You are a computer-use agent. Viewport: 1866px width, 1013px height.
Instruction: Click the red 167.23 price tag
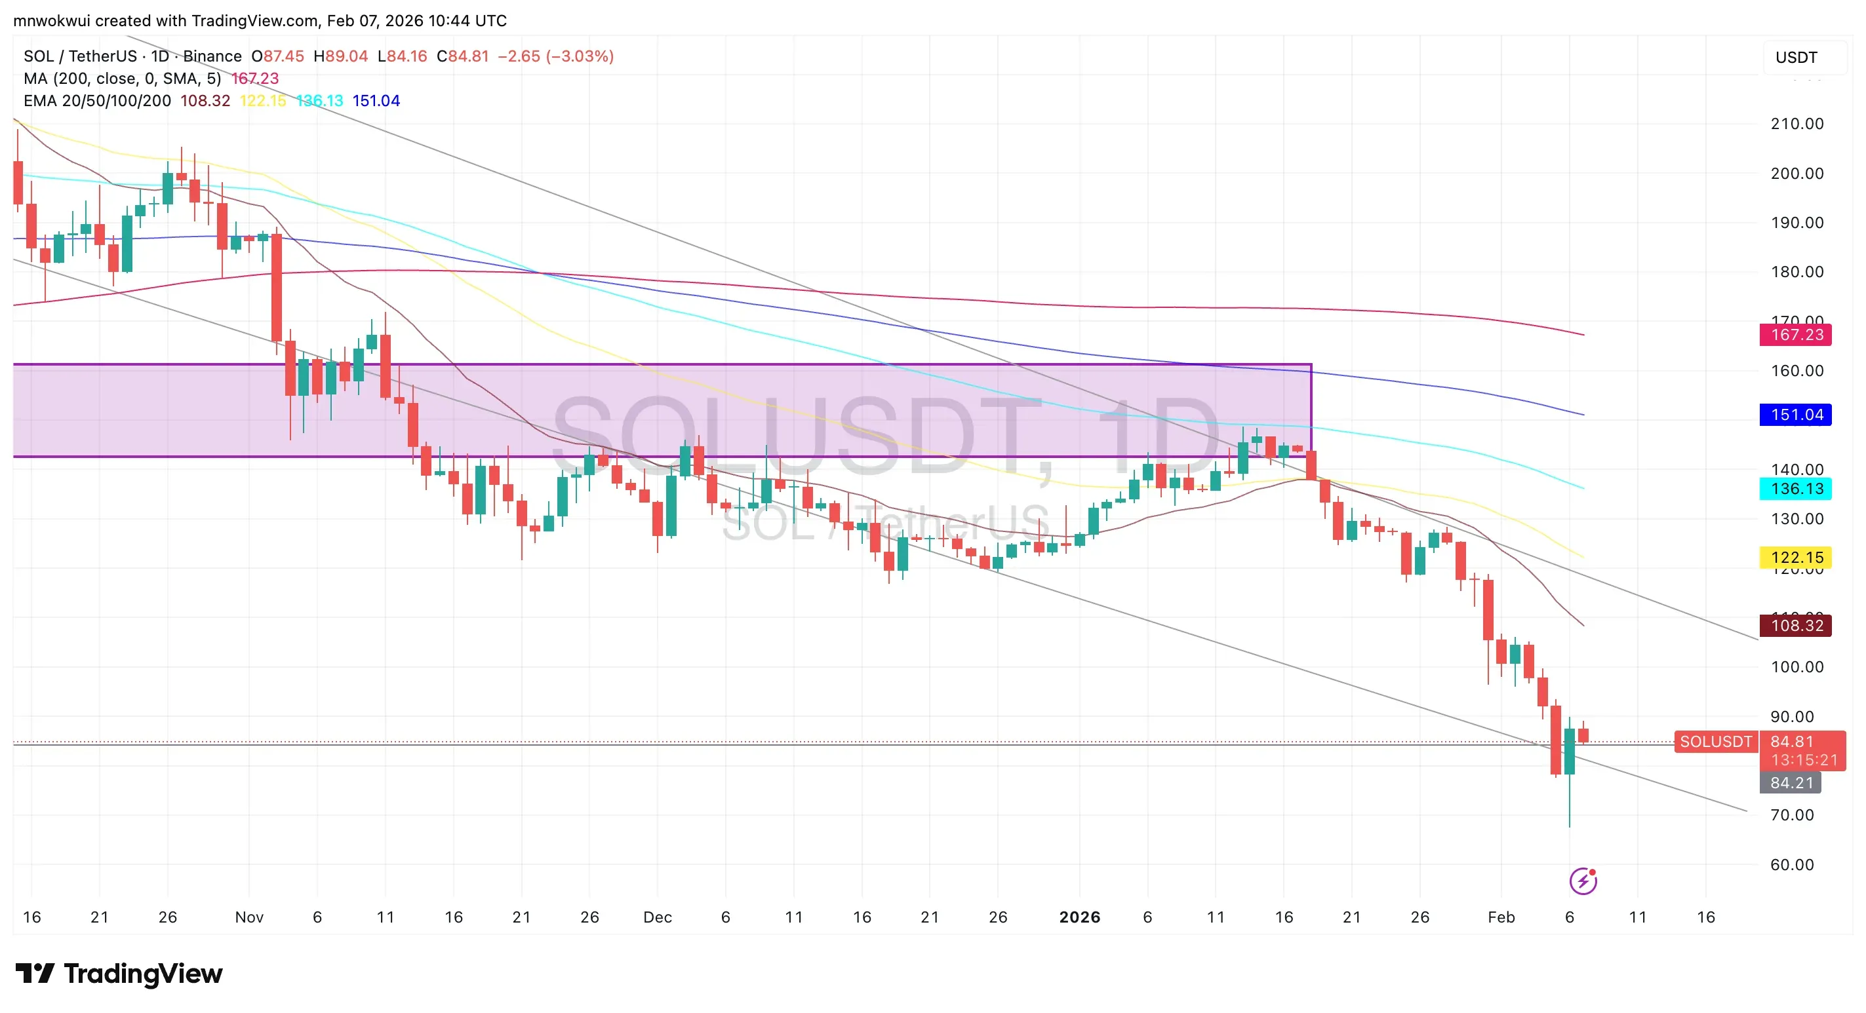[1796, 335]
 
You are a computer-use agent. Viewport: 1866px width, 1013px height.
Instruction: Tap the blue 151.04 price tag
[1796, 415]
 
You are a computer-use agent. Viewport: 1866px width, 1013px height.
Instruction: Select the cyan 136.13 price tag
[1796, 489]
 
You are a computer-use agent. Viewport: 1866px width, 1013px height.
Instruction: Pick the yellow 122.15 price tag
[1796, 558]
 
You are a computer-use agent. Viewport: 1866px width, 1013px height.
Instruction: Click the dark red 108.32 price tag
[1796, 626]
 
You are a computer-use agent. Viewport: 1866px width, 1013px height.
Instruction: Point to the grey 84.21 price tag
[1791, 783]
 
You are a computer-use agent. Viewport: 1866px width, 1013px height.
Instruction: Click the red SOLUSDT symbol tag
[1715, 742]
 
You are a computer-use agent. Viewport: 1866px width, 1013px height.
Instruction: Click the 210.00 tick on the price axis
[1797, 124]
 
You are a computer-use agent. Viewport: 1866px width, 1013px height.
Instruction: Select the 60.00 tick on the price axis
[1791, 864]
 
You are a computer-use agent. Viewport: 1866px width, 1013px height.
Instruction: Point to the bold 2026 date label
[1079, 917]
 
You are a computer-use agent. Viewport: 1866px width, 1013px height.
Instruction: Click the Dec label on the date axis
[657, 917]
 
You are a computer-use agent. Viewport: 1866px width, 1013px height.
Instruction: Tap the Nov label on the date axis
[248, 917]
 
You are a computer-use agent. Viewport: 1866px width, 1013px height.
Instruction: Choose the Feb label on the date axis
[1501, 917]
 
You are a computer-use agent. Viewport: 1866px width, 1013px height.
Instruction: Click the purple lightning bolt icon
[1583, 881]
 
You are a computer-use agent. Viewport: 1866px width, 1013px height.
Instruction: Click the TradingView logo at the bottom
[119, 974]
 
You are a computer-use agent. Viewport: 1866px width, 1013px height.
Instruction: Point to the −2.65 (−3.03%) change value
[555, 56]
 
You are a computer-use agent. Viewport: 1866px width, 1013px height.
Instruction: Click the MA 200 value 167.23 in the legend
[254, 78]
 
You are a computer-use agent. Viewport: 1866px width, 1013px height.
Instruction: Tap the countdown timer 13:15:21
[1804, 760]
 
